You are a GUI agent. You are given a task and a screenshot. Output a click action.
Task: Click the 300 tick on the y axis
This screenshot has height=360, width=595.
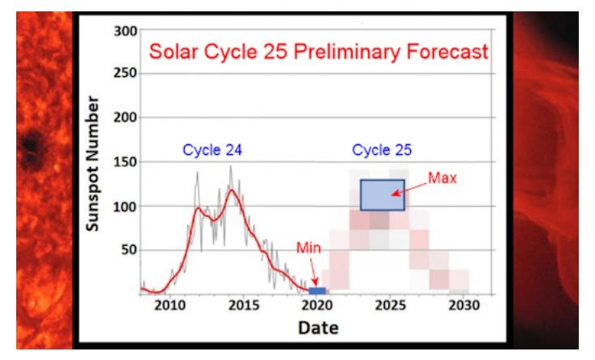click(x=125, y=31)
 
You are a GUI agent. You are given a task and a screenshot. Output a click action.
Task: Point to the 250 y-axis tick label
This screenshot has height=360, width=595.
click(x=125, y=73)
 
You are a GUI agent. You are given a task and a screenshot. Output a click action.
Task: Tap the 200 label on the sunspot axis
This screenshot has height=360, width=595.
click(x=125, y=118)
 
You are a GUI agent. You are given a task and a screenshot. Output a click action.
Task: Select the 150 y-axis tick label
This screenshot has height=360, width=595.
click(x=125, y=162)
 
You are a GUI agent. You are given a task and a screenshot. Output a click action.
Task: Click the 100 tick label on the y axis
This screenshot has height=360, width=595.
click(x=125, y=207)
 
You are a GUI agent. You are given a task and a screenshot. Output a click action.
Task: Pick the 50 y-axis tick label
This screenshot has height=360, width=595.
click(x=130, y=250)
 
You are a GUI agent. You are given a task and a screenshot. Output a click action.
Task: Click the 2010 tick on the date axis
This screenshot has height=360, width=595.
click(x=169, y=306)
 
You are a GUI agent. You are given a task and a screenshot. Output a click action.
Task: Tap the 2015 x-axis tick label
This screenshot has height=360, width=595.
click(x=244, y=306)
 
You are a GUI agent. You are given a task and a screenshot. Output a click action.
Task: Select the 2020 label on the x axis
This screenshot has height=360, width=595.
click(x=317, y=306)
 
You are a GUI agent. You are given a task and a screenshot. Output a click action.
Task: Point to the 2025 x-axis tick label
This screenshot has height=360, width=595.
click(x=391, y=306)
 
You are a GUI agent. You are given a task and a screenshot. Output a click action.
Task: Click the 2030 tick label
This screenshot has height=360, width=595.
click(x=464, y=306)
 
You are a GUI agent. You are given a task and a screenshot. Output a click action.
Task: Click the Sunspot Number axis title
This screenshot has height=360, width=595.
click(x=92, y=163)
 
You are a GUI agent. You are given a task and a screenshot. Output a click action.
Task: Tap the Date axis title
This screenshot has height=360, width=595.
click(x=318, y=328)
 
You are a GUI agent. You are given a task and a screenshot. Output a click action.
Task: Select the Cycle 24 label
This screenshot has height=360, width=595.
click(x=212, y=150)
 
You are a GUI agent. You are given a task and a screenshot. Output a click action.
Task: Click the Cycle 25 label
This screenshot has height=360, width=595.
click(x=382, y=150)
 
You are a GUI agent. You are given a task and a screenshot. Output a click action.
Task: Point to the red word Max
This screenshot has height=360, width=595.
click(x=443, y=178)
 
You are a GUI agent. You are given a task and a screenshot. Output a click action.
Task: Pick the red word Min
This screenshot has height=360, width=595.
click(x=309, y=248)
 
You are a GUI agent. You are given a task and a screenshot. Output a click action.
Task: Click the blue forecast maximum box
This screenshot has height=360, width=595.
click(x=383, y=195)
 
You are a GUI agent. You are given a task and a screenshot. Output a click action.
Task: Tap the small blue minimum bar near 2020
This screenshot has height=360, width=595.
click(x=317, y=291)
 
